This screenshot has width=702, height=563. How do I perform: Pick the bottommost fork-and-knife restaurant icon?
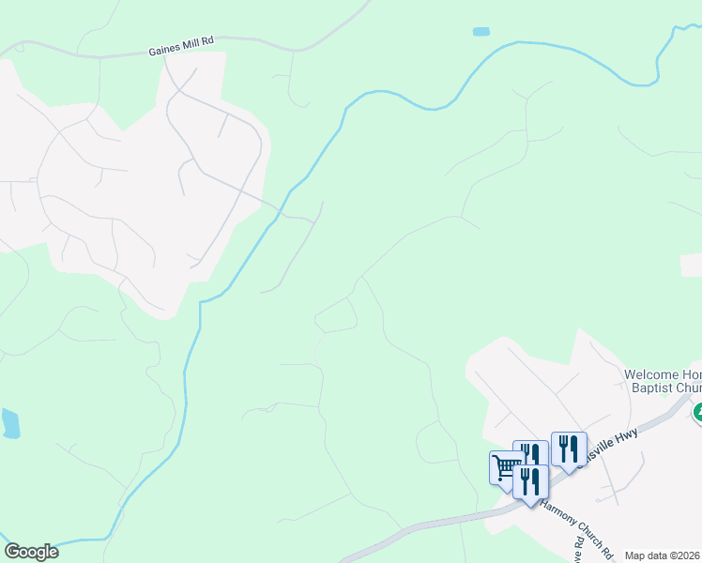[x=531, y=482]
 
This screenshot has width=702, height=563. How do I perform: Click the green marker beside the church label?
[x=697, y=412]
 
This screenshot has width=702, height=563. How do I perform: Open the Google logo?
[x=31, y=552]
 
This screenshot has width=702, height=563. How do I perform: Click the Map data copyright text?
[x=663, y=555]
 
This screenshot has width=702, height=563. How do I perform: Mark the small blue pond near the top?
[x=481, y=32]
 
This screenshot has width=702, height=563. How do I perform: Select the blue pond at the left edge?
[x=9, y=423]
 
